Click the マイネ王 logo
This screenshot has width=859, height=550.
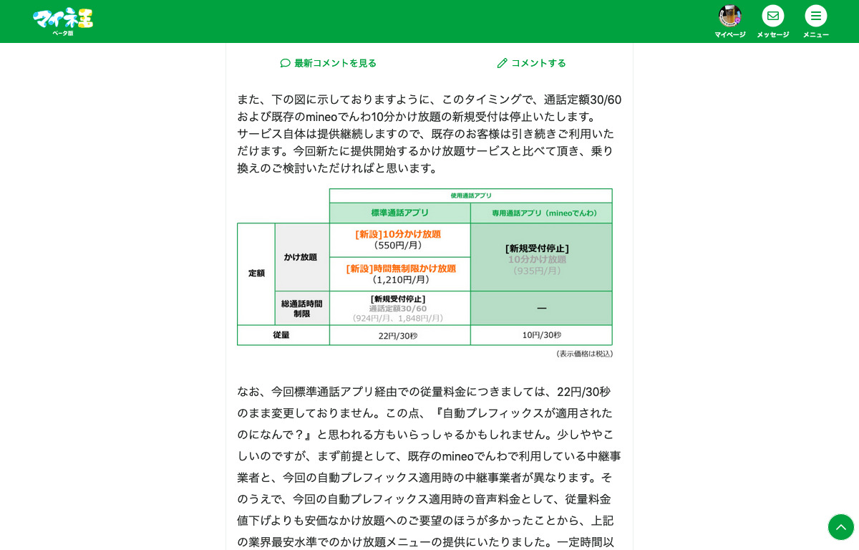click(x=63, y=19)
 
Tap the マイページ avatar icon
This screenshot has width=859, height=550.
click(x=729, y=16)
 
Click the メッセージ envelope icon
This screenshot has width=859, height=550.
click(x=772, y=16)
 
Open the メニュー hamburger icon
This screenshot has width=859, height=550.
click(x=815, y=16)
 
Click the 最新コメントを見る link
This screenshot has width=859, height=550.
click(x=329, y=63)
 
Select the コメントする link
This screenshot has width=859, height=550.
click(x=532, y=63)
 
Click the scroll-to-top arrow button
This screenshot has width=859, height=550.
click(x=841, y=527)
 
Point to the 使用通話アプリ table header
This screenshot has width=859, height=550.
click(x=470, y=196)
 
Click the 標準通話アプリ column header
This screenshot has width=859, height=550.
click(x=399, y=213)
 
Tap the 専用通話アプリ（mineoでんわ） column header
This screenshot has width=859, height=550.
click(x=540, y=213)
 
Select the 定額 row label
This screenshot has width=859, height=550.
click(x=256, y=274)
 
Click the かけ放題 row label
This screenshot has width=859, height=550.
click(x=301, y=257)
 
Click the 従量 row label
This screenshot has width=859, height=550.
click(x=281, y=335)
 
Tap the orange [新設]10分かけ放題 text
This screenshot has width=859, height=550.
click(x=398, y=234)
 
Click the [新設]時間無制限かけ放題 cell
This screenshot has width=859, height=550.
click(x=400, y=274)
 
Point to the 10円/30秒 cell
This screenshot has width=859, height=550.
click(x=541, y=335)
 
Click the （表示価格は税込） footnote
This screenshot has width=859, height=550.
click(x=584, y=354)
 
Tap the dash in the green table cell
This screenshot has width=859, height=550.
click(x=541, y=309)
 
